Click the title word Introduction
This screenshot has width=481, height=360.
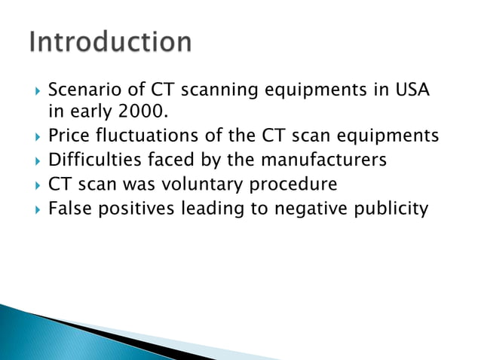click(x=111, y=42)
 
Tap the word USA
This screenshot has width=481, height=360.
click(x=412, y=92)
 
